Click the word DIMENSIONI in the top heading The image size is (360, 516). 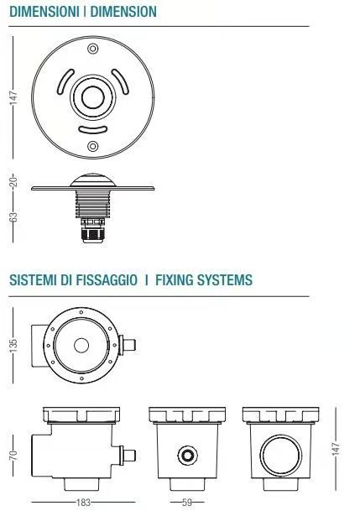coord(44,12)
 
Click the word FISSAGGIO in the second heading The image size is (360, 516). coord(107,280)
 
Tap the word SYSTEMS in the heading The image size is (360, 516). coord(224,280)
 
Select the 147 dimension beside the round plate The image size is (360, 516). coord(13,97)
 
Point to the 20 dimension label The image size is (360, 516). coord(13,181)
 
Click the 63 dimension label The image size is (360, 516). coord(13,216)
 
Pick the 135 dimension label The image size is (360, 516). coord(13,345)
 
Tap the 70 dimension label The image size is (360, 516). coord(13,455)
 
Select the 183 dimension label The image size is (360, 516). coord(83,503)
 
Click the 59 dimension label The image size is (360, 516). coord(187,503)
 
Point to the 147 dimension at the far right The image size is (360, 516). coord(336,449)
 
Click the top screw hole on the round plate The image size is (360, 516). coord(93,49)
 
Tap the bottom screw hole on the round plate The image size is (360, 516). coord(93,146)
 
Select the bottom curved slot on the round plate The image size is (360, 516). coord(93,131)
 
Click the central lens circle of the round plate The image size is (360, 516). coord(93,97)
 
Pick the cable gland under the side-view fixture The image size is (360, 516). coord(93,231)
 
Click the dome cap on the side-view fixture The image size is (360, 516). coord(93,180)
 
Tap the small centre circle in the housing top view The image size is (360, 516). coord(81,346)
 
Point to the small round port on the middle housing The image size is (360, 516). coord(188,456)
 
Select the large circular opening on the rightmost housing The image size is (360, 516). coord(280,455)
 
